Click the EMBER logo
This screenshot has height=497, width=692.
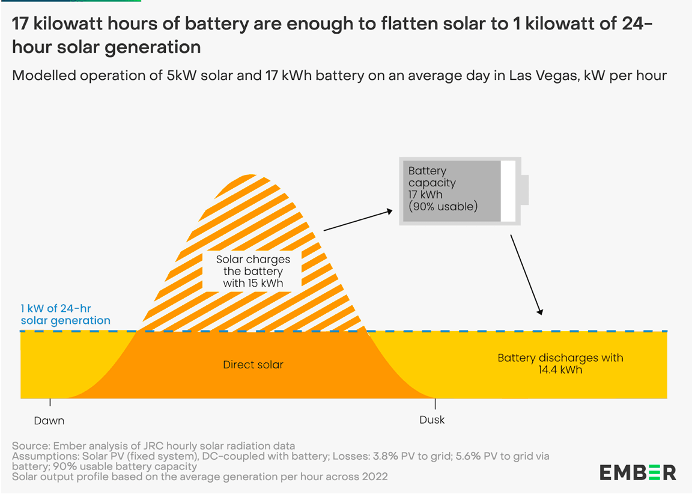click(637, 472)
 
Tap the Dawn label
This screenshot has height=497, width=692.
click(49, 420)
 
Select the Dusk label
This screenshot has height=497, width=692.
click(432, 419)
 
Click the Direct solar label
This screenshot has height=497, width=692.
click(253, 365)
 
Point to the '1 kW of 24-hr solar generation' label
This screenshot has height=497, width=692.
click(65, 315)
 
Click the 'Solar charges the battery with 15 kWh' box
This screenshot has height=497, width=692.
click(253, 271)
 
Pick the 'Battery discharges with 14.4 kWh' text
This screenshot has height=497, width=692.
click(560, 364)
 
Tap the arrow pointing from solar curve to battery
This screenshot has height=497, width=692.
click(358, 220)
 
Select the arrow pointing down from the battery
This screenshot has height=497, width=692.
click(526, 275)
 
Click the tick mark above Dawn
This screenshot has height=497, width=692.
click(50, 403)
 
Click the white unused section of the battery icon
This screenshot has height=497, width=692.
click(508, 191)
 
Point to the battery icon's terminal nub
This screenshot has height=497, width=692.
click(524, 191)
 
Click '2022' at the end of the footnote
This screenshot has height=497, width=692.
click(375, 477)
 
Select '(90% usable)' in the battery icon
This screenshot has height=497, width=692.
click(443, 207)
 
